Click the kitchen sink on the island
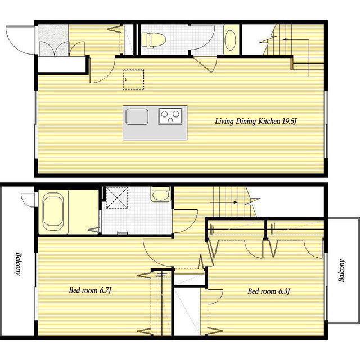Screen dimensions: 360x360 [x=137, y=116]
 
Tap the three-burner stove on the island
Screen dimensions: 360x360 [x=170, y=116]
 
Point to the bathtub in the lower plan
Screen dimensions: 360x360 [x=53, y=211]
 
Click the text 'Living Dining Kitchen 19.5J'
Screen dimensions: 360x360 [x=256, y=121]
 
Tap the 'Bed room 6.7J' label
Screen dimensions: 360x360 [x=90, y=290]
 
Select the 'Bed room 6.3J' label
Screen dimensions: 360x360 [x=269, y=291]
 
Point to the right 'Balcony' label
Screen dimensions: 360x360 [x=341, y=271]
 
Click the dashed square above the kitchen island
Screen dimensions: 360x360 [x=133, y=79]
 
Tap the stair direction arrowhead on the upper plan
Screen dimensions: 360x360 [x=284, y=39]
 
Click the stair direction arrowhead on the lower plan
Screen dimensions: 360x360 [x=235, y=202]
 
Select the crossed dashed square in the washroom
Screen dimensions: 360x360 [x=117, y=197]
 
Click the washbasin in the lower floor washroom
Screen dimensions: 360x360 [x=161, y=194]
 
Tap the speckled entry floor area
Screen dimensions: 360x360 [x=53, y=40]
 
